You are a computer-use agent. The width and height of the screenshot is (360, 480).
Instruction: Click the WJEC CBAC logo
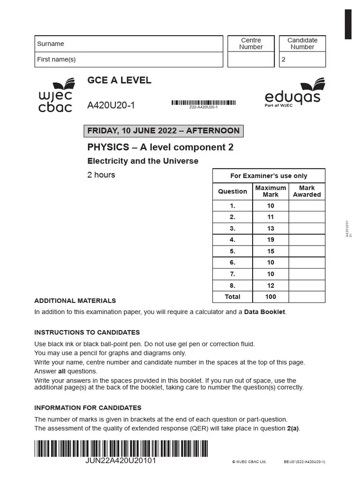click(55, 96)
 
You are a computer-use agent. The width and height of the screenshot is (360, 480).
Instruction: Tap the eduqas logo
click(292, 94)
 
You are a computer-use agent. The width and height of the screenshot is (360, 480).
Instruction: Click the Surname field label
click(51, 44)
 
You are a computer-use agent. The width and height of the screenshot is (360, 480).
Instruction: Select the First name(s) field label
click(56, 59)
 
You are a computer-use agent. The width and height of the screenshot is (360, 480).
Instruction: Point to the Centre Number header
click(251, 44)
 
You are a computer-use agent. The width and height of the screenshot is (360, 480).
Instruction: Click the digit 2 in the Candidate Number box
click(283, 60)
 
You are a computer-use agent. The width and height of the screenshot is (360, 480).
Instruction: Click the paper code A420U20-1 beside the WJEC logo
click(111, 105)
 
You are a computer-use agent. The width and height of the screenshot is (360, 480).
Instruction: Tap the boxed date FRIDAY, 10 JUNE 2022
click(163, 131)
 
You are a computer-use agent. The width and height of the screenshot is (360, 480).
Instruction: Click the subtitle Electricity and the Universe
click(143, 161)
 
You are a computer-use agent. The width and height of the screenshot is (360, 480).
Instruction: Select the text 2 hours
click(101, 175)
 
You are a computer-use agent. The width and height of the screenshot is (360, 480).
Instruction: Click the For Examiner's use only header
click(269, 176)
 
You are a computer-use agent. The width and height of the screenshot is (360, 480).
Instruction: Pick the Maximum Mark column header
click(270, 191)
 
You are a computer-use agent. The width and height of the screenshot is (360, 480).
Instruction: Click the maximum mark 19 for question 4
click(270, 240)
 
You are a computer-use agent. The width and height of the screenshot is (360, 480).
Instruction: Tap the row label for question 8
click(232, 285)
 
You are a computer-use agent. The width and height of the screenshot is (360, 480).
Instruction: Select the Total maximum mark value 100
click(270, 297)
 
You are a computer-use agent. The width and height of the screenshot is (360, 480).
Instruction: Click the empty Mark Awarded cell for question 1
click(307, 206)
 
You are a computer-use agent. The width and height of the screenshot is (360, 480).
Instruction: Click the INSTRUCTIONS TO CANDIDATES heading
click(87, 332)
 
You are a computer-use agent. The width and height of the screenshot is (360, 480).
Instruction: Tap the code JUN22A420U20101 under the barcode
click(120, 461)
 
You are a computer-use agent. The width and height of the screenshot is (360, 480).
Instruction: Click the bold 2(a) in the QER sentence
click(292, 428)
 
